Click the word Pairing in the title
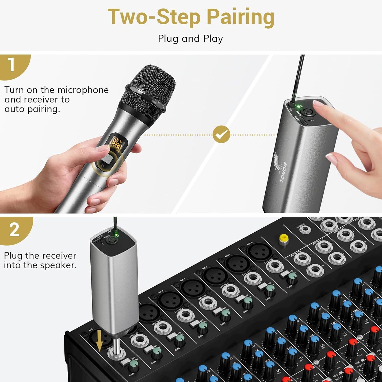tap(240, 17)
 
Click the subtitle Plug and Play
tap(190, 39)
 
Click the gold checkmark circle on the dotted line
tap(221, 134)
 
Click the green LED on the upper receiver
tap(299, 106)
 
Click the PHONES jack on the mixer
tap(305, 230)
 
